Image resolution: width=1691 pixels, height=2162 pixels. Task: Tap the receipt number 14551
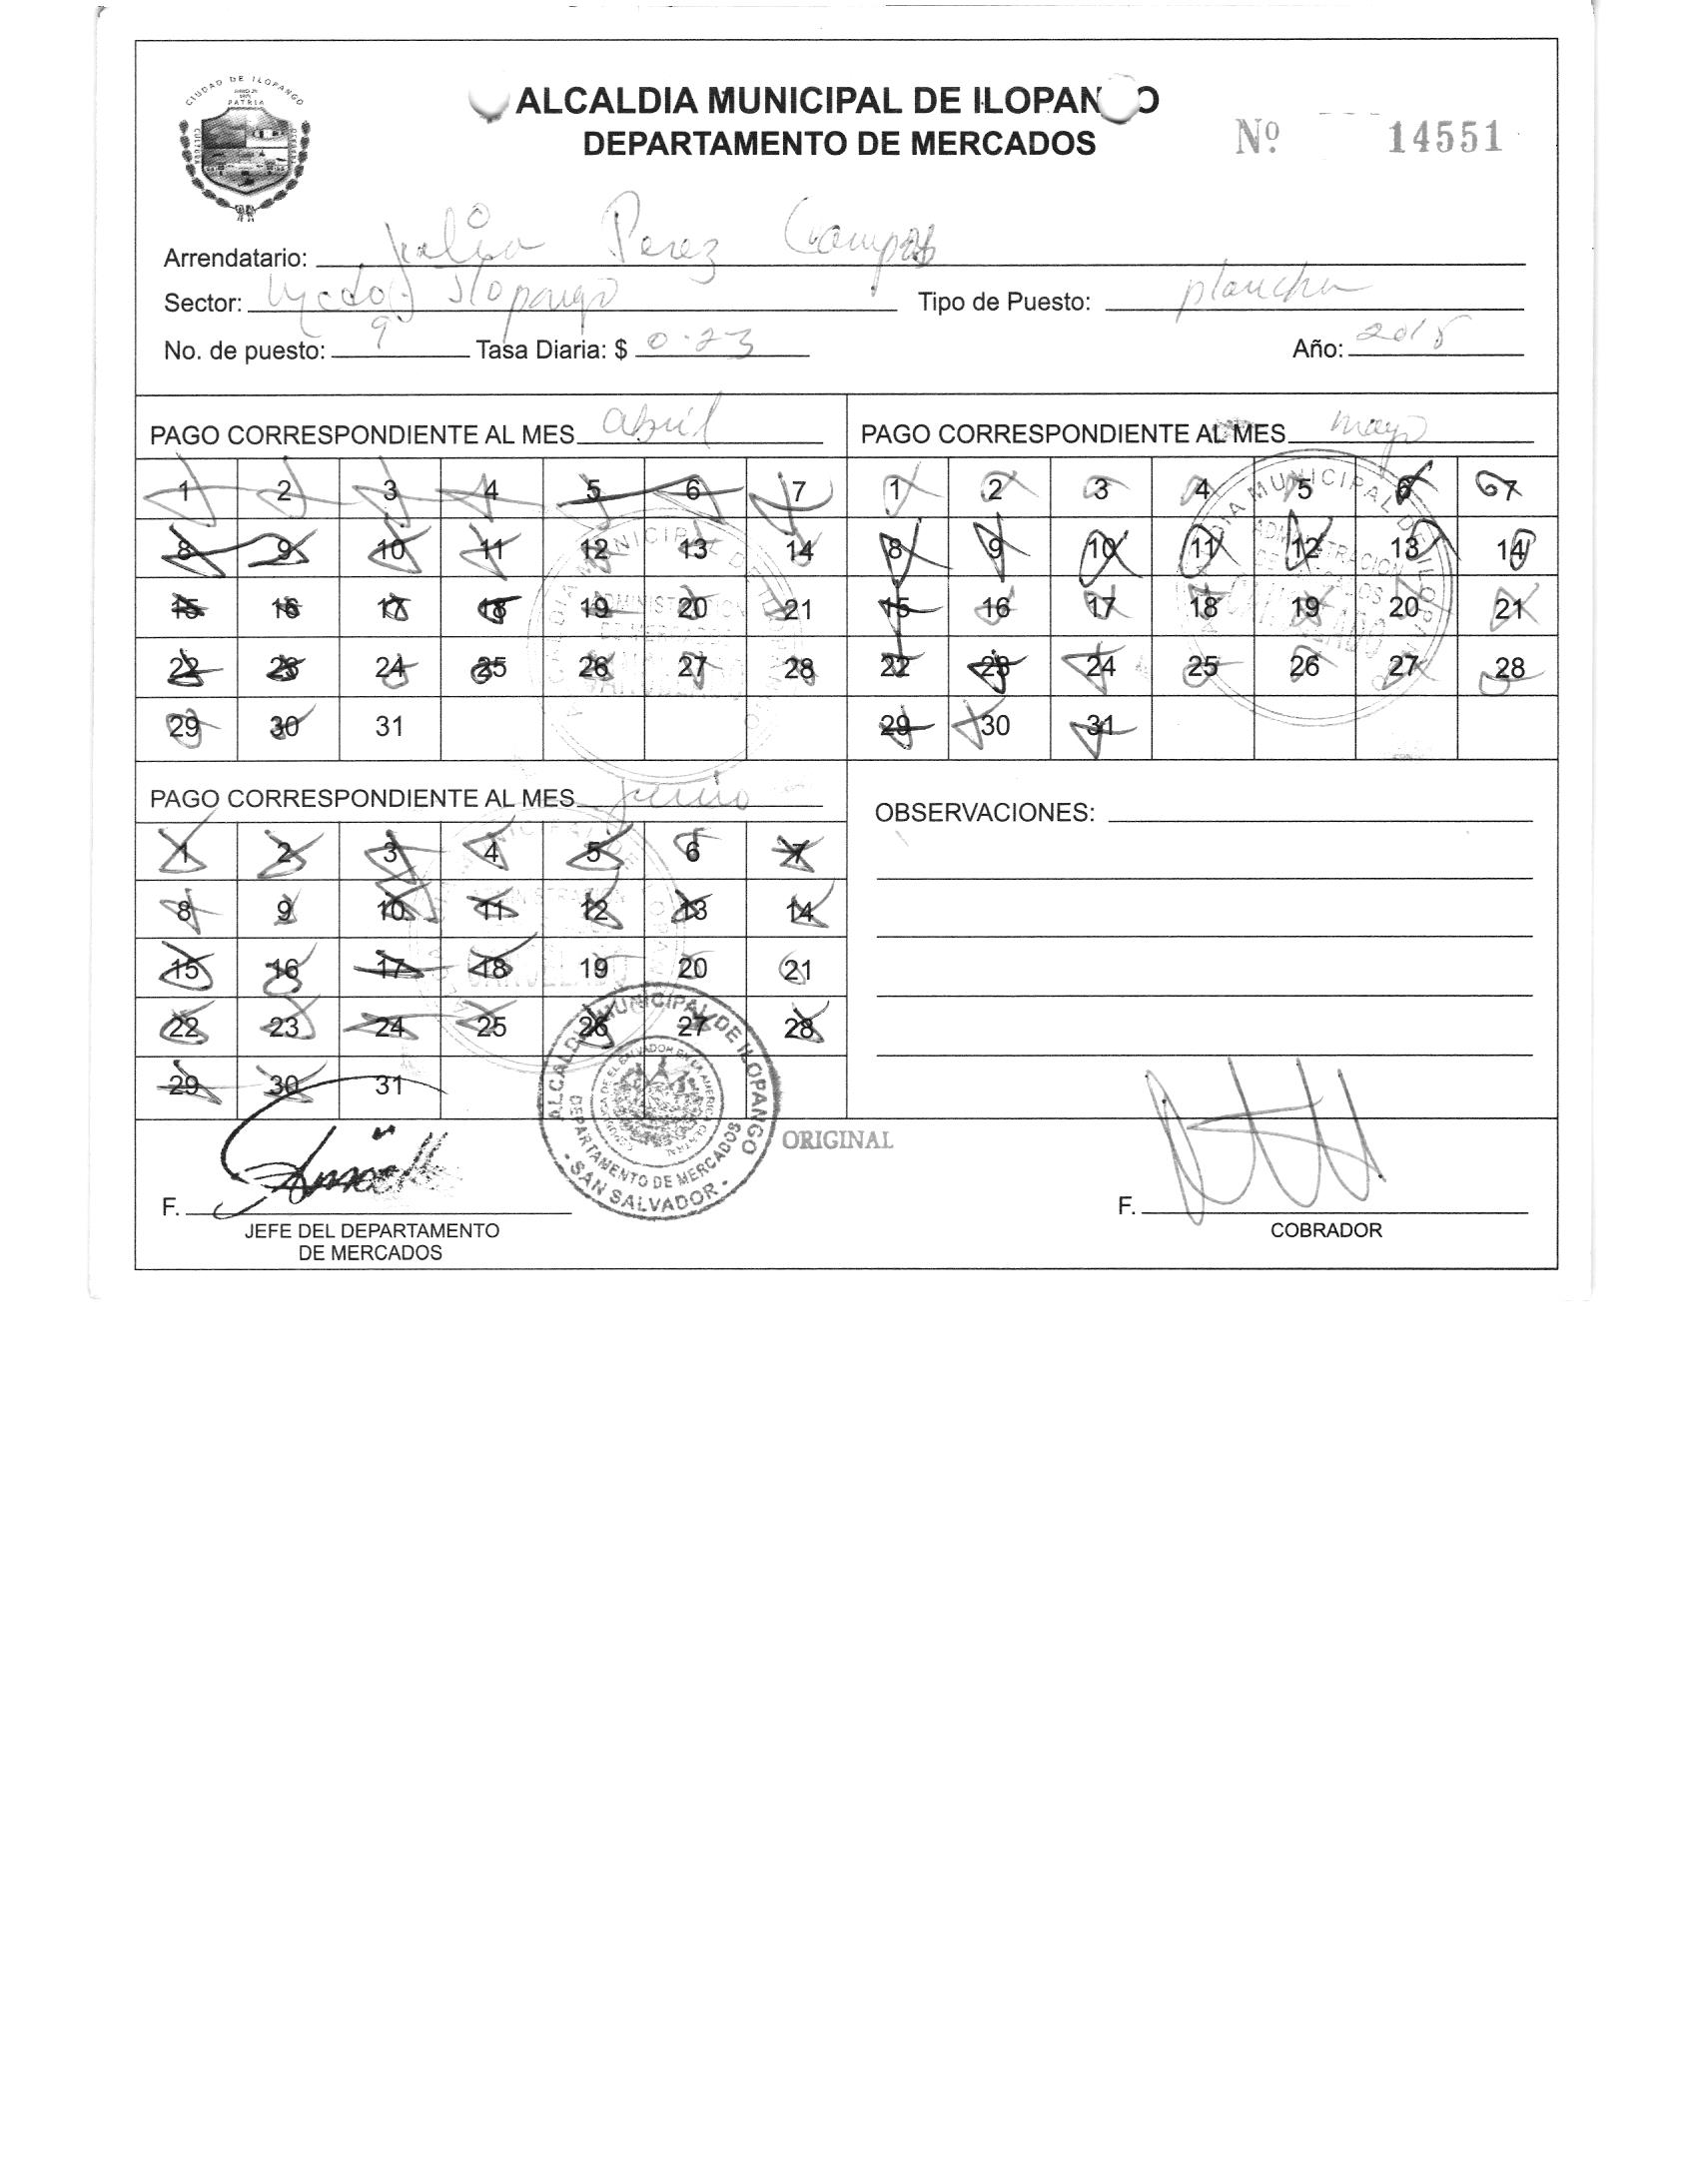coord(1445,138)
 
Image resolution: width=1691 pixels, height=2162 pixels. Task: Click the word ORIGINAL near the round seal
coord(837,1140)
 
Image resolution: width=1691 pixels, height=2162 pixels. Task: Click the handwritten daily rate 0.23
coord(696,346)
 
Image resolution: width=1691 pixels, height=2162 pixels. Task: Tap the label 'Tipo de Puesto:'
coord(1004,303)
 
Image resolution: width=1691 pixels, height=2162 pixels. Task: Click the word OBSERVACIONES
coord(984,813)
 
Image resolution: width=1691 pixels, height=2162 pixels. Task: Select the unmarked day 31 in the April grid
coord(390,727)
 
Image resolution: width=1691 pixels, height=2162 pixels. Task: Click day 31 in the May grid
coord(1100,726)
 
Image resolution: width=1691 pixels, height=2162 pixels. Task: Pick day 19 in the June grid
coord(593,968)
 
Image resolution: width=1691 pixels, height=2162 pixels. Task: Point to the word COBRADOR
coord(1325,1230)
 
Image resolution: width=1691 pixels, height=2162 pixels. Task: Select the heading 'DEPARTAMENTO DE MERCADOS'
coord(839,144)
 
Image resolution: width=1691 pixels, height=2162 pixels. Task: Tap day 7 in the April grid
coord(798,490)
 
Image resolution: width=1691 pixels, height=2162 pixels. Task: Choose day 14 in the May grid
coord(1508,548)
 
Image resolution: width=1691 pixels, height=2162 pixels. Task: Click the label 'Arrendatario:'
coord(236,259)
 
